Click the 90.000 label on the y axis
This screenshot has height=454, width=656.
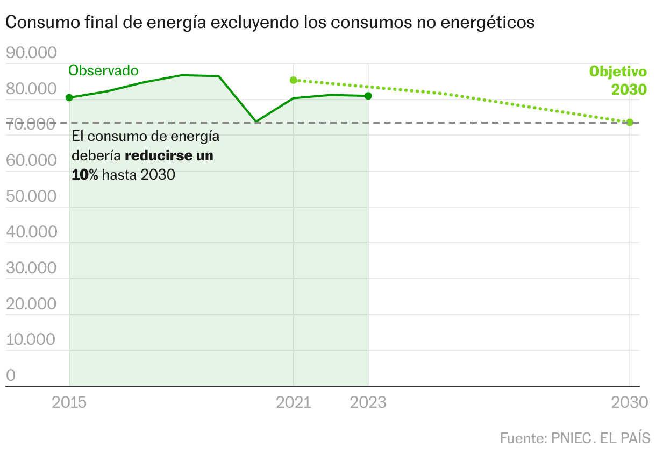pyautogui.click(x=31, y=53)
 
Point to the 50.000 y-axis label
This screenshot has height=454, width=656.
pyautogui.click(x=31, y=196)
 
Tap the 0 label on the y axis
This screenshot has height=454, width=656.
pyautogui.click(x=11, y=375)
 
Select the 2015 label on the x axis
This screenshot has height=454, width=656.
pyautogui.click(x=69, y=402)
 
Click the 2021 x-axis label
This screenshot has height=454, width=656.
pyautogui.click(x=294, y=402)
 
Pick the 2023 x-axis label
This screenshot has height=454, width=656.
pyautogui.click(x=368, y=402)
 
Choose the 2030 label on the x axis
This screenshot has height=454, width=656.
pyautogui.click(x=630, y=402)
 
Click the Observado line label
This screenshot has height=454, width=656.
pyautogui.click(x=103, y=70)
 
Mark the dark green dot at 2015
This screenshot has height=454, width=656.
pyautogui.click(x=69, y=97)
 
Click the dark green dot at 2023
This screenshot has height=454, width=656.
pyautogui.click(x=368, y=96)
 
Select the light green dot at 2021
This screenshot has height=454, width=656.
pyautogui.click(x=294, y=80)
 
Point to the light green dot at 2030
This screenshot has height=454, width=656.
pyautogui.click(x=630, y=122)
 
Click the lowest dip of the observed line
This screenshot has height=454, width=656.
pyautogui.click(x=256, y=122)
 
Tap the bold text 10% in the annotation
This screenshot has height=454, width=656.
pyautogui.click(x=85, y=175)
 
